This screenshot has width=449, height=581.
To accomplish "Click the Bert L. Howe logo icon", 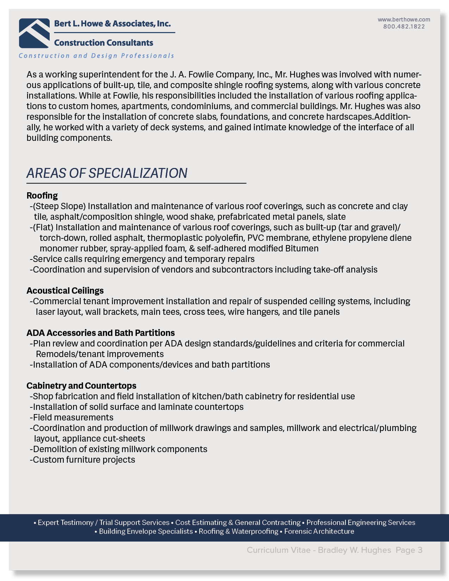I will tap(34, 33).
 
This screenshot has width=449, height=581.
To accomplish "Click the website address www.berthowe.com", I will tap(404, 19).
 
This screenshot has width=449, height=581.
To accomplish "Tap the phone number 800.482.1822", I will tap(404, 26).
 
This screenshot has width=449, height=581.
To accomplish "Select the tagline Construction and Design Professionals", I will tap(96, 56).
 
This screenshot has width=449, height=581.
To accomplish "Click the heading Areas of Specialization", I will tap(107, 173).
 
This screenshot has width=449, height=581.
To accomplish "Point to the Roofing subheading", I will tap(42, 195).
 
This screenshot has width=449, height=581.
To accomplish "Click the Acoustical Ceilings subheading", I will tap(65, 290).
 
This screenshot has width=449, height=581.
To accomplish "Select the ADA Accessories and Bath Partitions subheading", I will tap(101, 333).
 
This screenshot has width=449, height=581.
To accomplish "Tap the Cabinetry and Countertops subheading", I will tap(81, 386).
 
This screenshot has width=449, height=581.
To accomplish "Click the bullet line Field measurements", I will tap(73, 417).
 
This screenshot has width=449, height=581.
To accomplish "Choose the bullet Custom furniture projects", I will tap(84, 460).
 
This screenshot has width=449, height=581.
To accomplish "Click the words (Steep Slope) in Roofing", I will tap(60, 206).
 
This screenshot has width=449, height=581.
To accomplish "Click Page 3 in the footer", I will tap(409, 550).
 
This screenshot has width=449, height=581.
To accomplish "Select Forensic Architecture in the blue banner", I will tap(319, 531).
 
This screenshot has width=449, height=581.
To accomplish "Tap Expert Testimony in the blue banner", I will tap(66, 523).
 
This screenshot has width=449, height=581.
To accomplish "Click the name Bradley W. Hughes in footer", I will tap(354, 550).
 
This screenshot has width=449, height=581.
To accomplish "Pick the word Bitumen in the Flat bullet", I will tap(302, 248).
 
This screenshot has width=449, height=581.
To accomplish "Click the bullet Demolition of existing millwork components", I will tap(120, 449).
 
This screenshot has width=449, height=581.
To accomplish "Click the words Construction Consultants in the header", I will tap(104, 43).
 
